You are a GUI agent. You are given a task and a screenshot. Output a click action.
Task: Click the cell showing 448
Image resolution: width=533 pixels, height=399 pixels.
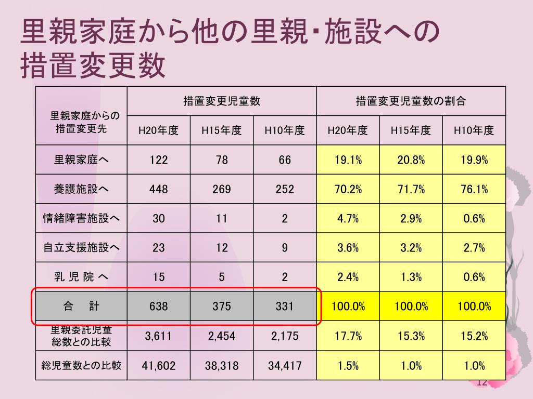159,189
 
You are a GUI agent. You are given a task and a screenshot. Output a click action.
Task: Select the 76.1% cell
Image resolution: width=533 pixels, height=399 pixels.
474,189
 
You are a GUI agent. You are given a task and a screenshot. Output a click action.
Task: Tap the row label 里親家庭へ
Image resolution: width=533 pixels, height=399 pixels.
81,160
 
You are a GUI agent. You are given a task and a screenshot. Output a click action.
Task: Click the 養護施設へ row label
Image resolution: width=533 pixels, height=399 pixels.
81,189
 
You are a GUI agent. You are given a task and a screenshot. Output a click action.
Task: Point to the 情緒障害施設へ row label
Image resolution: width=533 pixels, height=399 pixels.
81,219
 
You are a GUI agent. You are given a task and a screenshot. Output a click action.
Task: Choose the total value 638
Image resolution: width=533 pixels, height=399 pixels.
159,307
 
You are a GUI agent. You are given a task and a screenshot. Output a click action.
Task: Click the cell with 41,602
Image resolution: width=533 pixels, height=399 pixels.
159,366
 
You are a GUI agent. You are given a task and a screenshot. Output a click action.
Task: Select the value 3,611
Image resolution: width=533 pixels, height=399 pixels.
159,336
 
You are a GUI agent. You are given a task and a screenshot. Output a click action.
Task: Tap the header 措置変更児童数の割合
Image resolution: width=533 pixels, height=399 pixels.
411,101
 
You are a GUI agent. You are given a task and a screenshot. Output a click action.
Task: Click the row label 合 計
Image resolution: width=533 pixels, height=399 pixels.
81,307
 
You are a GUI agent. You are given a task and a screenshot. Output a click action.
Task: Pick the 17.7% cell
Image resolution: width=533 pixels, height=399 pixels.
348,336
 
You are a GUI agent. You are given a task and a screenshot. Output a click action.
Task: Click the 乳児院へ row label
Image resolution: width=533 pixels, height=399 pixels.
81,277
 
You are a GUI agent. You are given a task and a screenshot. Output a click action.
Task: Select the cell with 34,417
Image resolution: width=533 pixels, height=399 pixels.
285,366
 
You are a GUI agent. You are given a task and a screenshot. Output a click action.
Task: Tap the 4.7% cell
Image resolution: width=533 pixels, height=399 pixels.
348,219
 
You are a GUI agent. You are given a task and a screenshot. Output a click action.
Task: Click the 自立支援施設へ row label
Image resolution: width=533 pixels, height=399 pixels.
81,248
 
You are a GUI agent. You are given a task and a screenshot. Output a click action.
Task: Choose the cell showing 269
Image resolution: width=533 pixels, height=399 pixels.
222,189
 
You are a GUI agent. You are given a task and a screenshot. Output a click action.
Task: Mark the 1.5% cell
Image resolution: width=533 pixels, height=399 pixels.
348,366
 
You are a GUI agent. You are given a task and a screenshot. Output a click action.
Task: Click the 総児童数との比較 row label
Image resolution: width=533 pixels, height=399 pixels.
81,365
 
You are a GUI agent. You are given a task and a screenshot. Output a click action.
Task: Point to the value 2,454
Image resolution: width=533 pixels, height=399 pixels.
222,336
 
